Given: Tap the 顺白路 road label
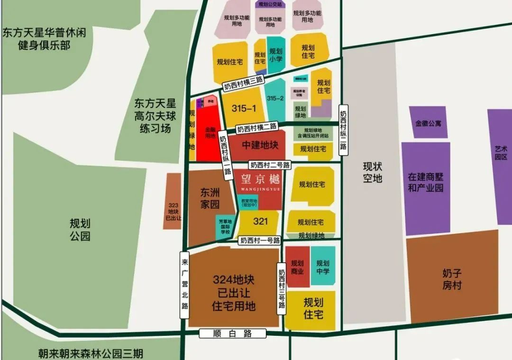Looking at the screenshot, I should click(232, 333).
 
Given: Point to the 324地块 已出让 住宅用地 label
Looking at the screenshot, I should click(234, 293).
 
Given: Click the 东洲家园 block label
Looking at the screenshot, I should click(210, 199).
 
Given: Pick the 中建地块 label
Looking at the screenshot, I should click(260, 145).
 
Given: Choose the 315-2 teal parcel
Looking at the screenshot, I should click(275, 99).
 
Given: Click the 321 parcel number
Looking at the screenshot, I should click(260, 221).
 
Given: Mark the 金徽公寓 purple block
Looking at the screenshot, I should click(428, 123).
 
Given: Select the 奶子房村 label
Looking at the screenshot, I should click(452, 279).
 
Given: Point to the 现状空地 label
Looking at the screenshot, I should click(373, 172).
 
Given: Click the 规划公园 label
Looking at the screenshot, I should click(80, 230).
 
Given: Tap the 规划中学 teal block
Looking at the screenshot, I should click(323, 267).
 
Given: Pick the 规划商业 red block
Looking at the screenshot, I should click(297, 267).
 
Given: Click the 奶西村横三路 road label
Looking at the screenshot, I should click(243, 83).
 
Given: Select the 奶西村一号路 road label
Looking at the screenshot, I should click(260, 240).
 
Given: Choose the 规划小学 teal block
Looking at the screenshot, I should click(276, 55).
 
